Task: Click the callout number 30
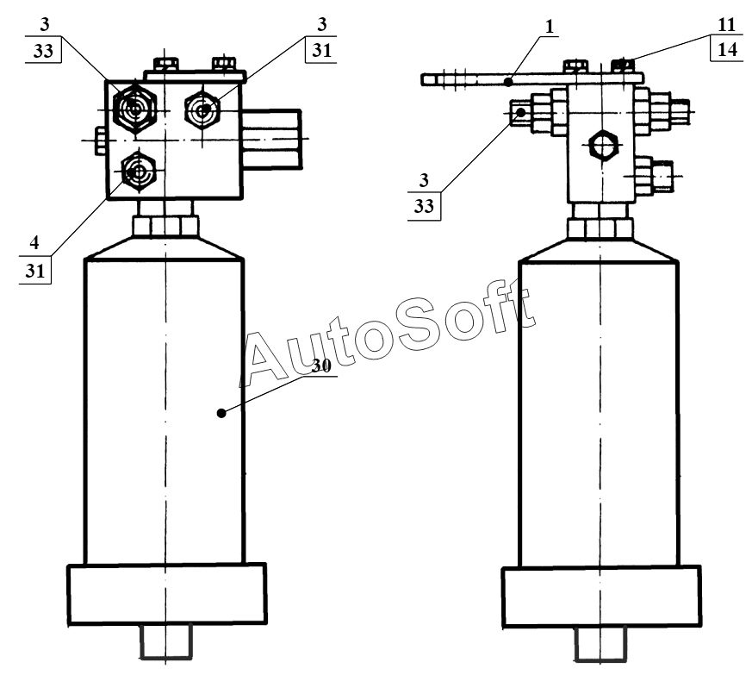pyautogui.click(x=321, y=366)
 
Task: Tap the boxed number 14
pyautogui.click(x=725, y=50)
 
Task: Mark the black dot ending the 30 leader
pyautogui.click(x=221, y=413)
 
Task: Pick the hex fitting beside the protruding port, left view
pyautogui.click(x=203, y=110)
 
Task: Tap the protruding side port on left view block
pyautogui.click(x=271, y=135)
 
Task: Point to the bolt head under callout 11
pyautogui.click(x=622, y=65)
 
